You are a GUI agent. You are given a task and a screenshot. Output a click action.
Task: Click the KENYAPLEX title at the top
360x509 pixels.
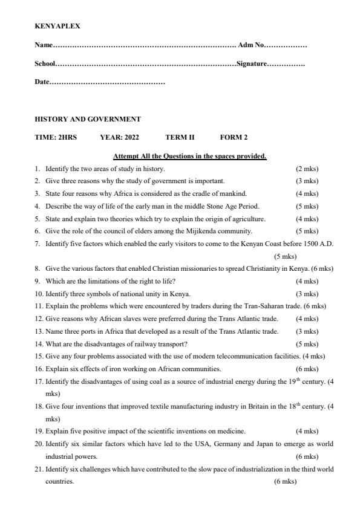pos(57,27)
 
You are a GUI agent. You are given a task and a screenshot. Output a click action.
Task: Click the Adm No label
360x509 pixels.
pos(251,45)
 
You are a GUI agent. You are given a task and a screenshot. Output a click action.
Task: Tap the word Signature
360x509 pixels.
pos(251,63)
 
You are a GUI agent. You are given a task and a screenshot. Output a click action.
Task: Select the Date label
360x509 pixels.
pos(41,82)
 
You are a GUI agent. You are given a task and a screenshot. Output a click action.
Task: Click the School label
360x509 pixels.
pos(45,63)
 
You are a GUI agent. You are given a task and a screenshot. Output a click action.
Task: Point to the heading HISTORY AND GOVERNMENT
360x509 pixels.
pos(87,119)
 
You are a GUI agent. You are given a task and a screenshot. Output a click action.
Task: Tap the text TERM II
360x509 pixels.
pos(180,137)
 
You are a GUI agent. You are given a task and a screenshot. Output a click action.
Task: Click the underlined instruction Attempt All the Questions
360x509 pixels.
pos(189,156)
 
